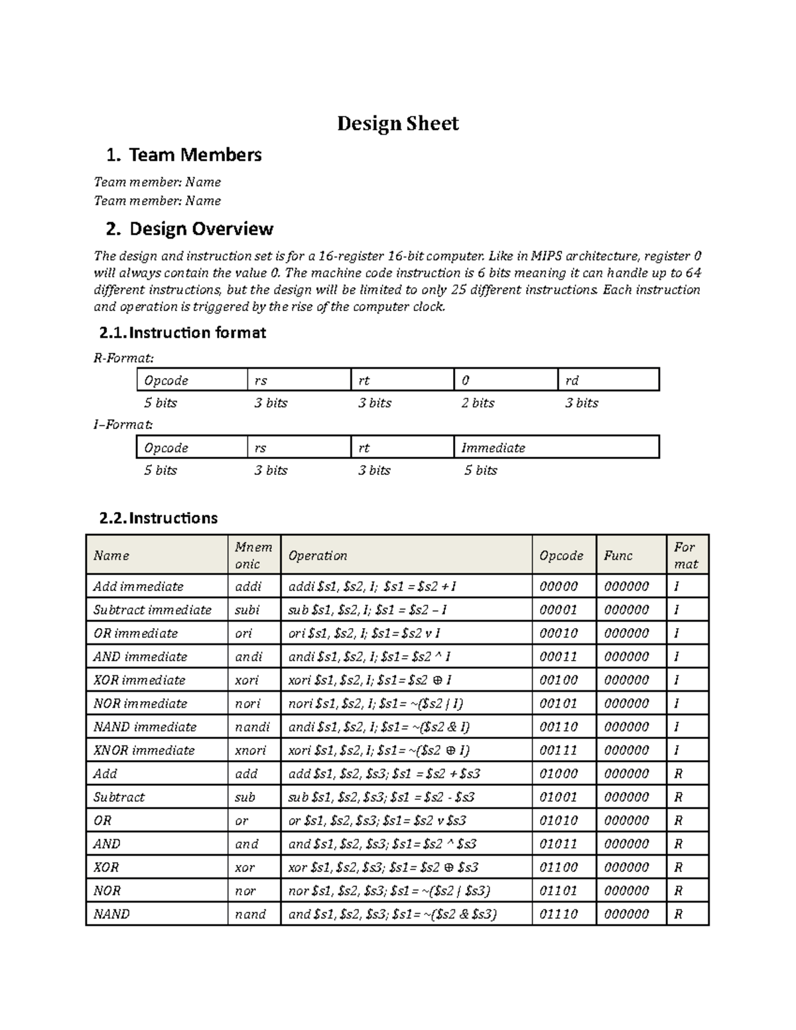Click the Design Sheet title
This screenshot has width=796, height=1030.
[397, 123]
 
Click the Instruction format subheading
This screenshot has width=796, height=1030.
[197, 333]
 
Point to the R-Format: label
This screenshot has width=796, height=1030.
[123, 358]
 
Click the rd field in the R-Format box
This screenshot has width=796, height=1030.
[572, 381]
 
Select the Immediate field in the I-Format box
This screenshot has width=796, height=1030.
[493, 448]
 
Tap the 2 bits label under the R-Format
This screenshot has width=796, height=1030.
[478, 403]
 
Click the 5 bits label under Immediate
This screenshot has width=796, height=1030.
[480, 470]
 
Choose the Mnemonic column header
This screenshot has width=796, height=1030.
[253, 555]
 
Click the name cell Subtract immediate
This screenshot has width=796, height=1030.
[153, 610]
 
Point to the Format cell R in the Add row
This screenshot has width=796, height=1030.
[678, 774]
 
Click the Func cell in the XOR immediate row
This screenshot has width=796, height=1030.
[626, 680]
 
